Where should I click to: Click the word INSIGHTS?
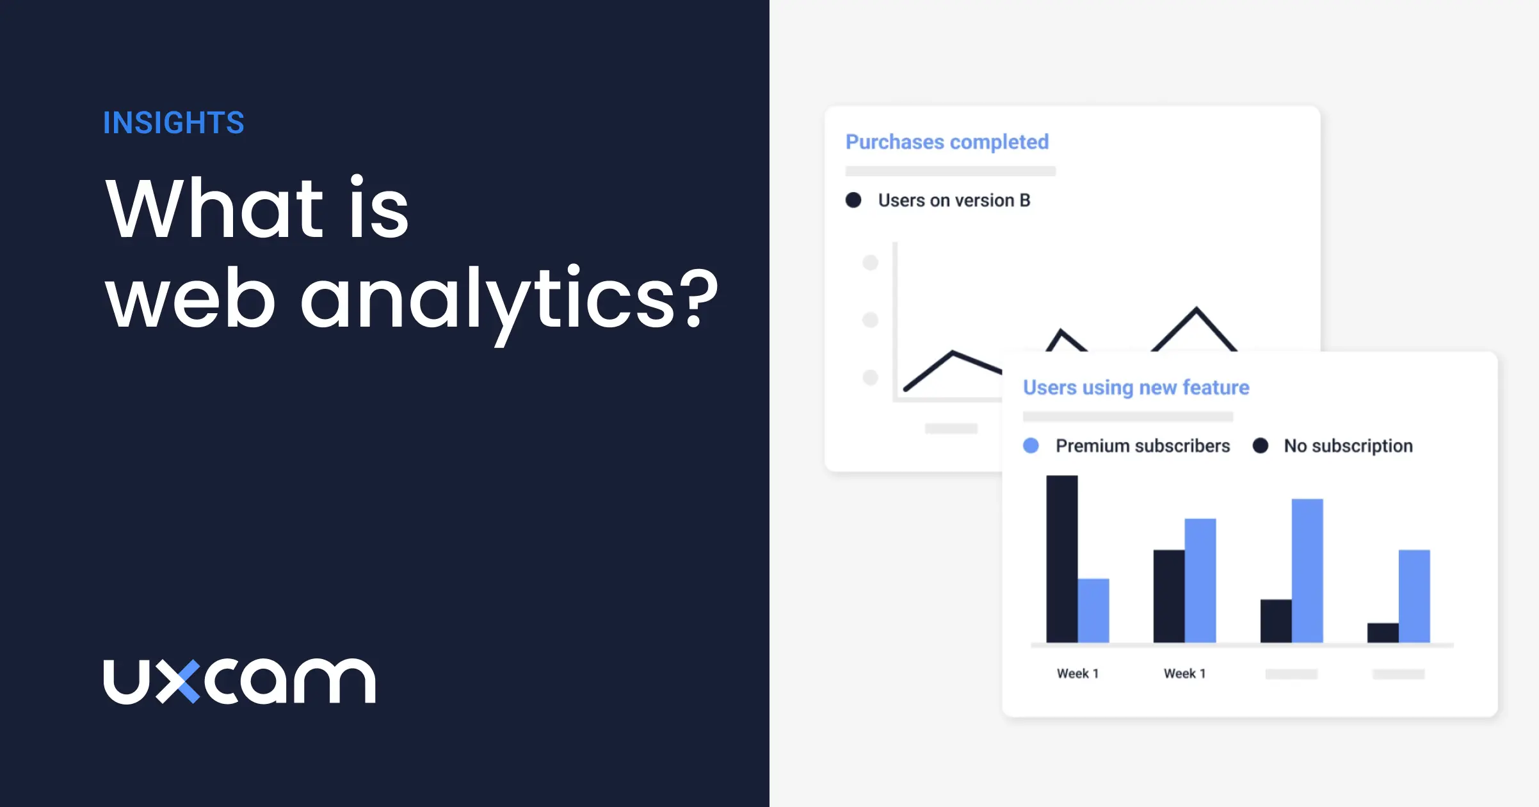pyautogui.click(x=173, y=123)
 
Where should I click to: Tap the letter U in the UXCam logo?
pyautogui.click(x=126, y=682)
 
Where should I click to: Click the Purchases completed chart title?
pyautogui.click(x=947, y=142)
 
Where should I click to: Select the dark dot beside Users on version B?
pyautogui.click(x=853, y=200)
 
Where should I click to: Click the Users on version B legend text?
pyautogui.click(x=954, y=200)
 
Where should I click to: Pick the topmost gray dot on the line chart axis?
pyautogui.click(x=870, y=263)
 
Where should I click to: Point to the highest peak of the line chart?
pyautogui.click(x=1196, y=310)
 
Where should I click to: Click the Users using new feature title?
pyautogui.click(x=1136, y=387)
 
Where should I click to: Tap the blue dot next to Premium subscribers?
pyautogui.click(x=1031, y=446)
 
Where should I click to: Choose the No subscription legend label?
pyautogui.click(x=1348, y=446)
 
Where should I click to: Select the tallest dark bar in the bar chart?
pyautogui.click(x=1061, y=558)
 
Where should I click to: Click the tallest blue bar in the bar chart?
pyautogui.click(x=1307, y=570)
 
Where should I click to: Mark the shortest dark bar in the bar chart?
pyautogui.click(x=1383, y=633)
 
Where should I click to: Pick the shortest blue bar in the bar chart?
pyautogui.click(x=1093, y=610)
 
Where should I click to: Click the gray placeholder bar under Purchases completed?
pyautogui.click(x=950, y=171)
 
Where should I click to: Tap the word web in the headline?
pyautogui.click(x=190, y=300)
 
